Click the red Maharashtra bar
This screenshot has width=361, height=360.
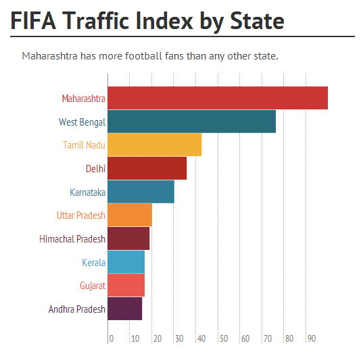click(x=218, y=98)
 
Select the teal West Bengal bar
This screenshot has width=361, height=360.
click(x=192, y=122)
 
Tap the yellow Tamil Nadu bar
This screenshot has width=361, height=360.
click(x=155, y=145)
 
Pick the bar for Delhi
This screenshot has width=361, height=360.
click(x=147, y=168)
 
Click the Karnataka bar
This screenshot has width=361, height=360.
click(x=141, y=192)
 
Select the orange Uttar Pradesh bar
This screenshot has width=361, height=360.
click(x=130, y=215)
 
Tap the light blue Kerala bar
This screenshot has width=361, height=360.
click(x=126, y=262)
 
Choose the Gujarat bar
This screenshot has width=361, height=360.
click(x=126, y=286)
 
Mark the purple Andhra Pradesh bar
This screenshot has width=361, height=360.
click(x=125, y=309)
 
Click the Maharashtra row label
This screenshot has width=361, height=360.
click(x=83, y=99)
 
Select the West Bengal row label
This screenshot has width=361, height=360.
click(x=82, y=122)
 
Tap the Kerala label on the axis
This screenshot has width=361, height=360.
click(x=93, y=263)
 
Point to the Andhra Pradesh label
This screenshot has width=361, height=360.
click(x=77, y=309)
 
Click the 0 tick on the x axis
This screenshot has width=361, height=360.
click(x=111, y=338)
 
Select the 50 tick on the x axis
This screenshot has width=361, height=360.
click(x=223, y=338)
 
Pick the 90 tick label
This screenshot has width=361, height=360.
click(x=312, y=338)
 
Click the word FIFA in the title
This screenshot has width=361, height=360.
click(x=33, y=20)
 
